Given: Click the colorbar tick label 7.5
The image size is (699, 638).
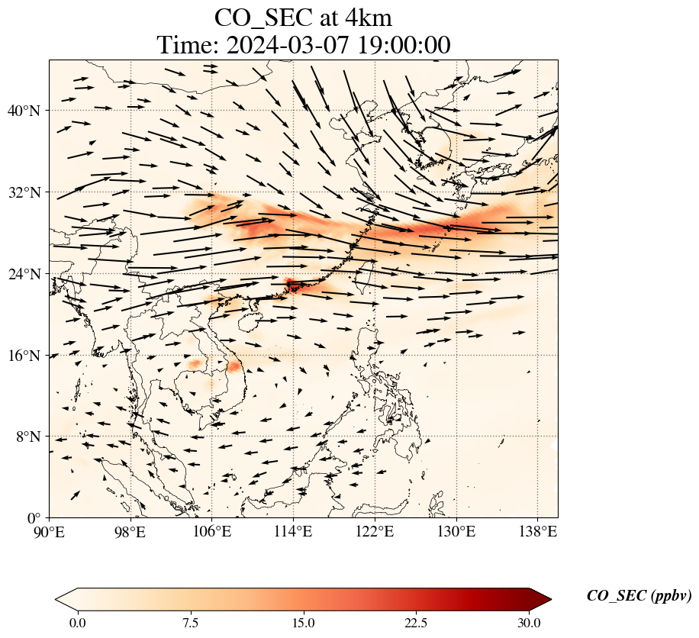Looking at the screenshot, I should pyautogui.click(x=191, y=623).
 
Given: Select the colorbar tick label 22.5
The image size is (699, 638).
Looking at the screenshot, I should pyautogui.click(x=416, y=623).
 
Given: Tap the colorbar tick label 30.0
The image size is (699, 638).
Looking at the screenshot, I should pyautogui.click(x=529, y=623).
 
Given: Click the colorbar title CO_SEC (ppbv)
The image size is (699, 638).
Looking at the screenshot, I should pyautogui.click(x=639, y=596).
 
